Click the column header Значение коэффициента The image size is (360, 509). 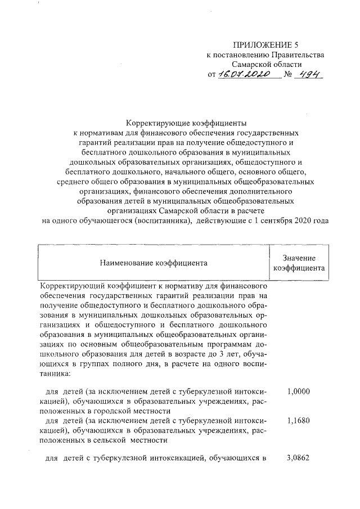click(x=299, y=262)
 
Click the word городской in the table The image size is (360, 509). click(x=106, y=410)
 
